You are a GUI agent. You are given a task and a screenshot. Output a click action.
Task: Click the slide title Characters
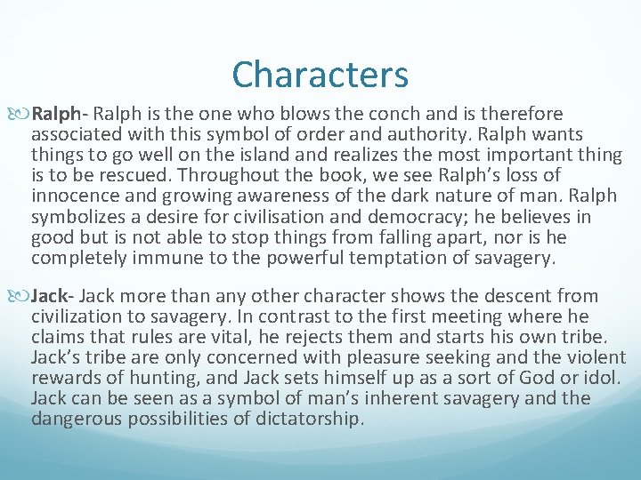pyautogui.click(x=320, y=75)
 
